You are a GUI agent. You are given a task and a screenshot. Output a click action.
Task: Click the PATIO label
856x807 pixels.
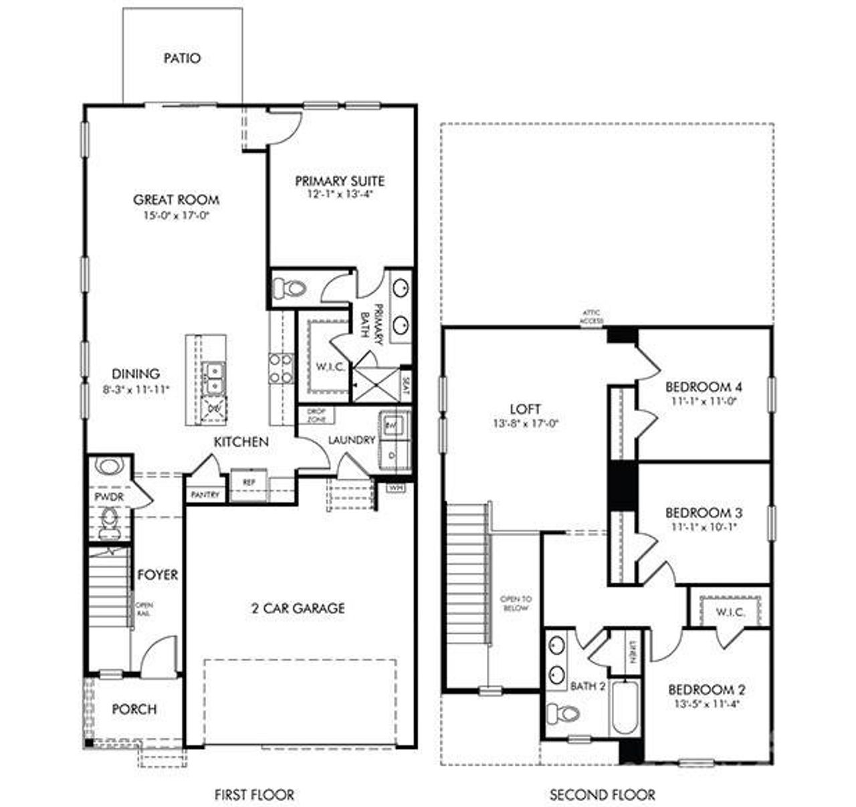[182, 58]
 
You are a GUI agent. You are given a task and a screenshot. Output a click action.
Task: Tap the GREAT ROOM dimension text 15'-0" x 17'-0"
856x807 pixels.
[176, 215]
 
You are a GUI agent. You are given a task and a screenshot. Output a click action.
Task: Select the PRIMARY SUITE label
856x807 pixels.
[340, 181]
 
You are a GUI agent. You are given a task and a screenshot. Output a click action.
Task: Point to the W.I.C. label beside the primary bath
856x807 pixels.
[330, 367]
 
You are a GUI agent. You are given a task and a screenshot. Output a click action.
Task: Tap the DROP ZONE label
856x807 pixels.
[316, 415]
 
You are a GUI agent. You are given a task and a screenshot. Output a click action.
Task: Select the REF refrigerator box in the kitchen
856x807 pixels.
[249, 482]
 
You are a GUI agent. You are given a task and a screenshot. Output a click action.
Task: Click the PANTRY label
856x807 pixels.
[205, 495]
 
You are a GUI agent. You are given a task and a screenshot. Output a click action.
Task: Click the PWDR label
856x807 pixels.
[106, 497]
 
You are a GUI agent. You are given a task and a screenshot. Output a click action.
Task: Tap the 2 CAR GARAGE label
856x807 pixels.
[298, 608]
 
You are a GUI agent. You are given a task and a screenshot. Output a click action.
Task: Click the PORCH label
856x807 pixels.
[134, 709]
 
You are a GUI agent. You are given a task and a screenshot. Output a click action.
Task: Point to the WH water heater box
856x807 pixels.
[396, 487]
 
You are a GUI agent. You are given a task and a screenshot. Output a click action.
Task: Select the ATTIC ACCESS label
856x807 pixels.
[592, 316]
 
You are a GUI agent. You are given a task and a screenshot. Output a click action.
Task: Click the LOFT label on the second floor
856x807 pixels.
[525, 409]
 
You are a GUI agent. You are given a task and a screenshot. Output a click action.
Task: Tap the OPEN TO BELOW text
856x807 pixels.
[516, 603]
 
